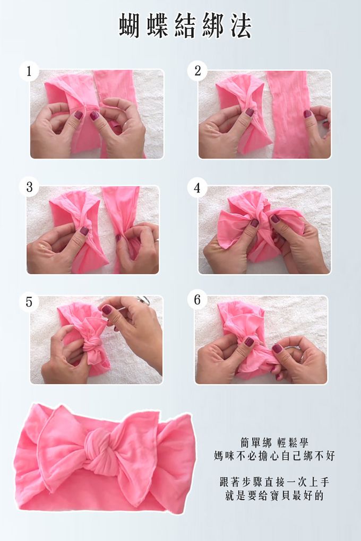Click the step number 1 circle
[29, 71]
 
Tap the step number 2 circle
[197, 71]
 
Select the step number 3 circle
[29, 187]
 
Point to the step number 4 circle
[197, 188]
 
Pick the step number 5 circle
[29, 302]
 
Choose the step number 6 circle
[197, 300]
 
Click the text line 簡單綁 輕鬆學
[274, 443]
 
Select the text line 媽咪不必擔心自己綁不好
[274, 456]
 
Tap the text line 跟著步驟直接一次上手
[274, 482]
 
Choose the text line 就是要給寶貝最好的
[274, 496]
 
